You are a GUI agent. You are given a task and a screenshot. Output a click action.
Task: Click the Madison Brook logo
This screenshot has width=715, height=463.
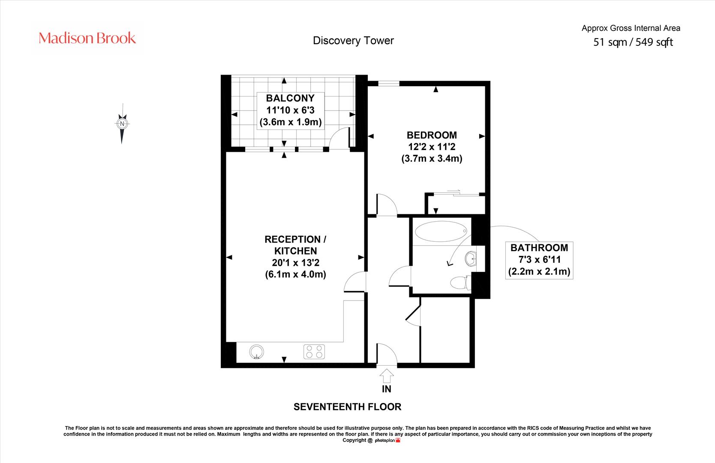(87, 38)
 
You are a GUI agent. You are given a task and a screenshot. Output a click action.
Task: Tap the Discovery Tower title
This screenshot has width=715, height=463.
(353, 41)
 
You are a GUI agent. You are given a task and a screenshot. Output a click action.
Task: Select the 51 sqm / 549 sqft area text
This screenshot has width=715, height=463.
(633, 42)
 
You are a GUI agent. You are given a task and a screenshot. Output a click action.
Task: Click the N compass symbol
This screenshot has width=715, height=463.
(122, 123)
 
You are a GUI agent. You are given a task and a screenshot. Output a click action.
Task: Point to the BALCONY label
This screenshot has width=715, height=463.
(290, 98)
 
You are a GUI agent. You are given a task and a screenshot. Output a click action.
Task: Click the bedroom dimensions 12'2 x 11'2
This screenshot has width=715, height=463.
(432, 147)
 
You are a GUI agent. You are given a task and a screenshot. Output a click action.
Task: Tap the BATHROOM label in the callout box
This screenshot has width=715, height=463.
(539, 248)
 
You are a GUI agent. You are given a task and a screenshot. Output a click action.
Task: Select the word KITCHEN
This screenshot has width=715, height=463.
(296, 251)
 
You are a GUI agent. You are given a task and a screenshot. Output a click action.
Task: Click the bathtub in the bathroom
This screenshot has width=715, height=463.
(441, 231)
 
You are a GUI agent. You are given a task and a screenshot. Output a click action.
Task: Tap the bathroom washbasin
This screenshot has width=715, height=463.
(471, 259)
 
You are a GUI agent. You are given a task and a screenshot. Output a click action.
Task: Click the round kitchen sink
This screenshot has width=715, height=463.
(257, 352)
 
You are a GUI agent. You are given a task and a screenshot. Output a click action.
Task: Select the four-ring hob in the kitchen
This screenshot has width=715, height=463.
(314, 352)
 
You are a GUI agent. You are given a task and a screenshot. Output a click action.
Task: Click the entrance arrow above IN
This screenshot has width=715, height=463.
(387, 376)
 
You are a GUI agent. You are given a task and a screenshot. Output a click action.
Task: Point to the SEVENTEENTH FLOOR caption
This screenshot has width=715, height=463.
(347, 407)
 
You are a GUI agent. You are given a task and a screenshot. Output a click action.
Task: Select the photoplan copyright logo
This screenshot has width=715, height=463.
(388, 441)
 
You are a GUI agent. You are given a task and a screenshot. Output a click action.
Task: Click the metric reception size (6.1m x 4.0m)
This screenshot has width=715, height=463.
(296, 274)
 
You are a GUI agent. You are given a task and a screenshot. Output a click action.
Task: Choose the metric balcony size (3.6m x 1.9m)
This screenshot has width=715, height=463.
(291, 122)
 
